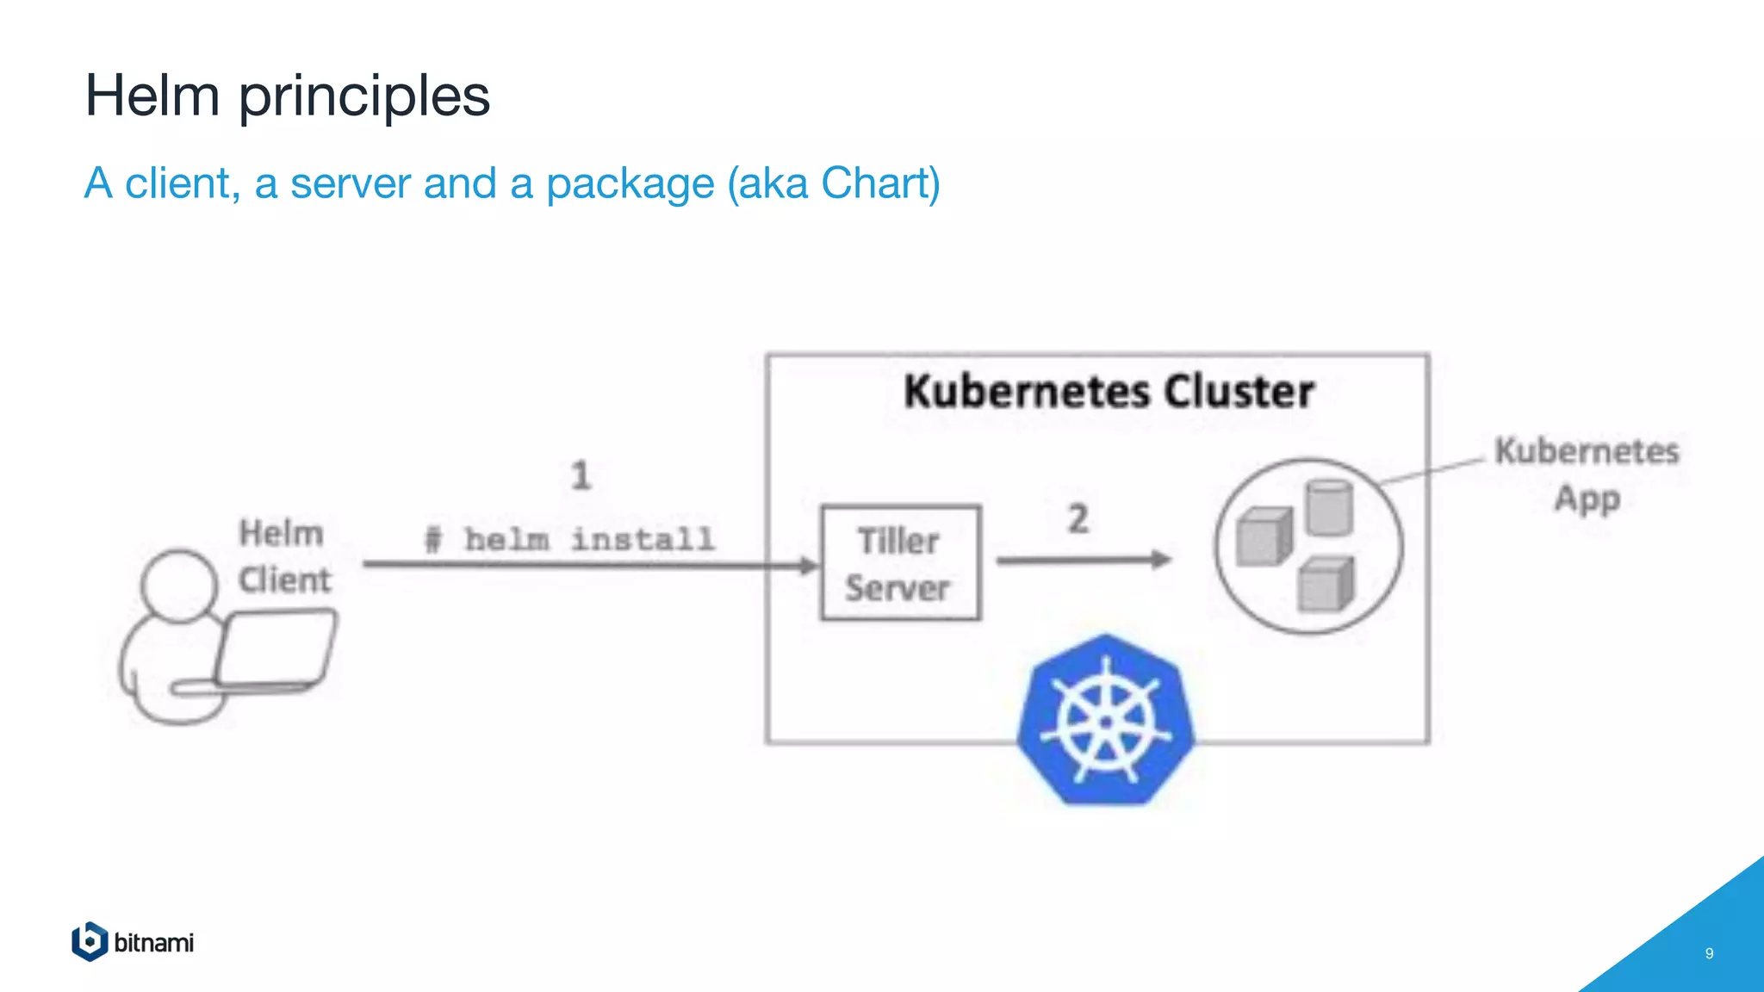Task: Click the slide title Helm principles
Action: [x=287, y=95]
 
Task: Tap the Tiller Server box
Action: [x=900, y=563]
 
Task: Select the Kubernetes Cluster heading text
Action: [x=1109, y=392]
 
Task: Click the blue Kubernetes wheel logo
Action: [x=1106, y=721]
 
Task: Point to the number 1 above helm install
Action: [x=581, y=475]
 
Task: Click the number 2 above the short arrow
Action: [x=1078, y=519]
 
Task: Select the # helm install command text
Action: [x=570, y=540]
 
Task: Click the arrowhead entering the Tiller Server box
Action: [x=809, y=566]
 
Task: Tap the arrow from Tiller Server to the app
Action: [x=1084, y=561]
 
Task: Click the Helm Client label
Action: [x=283, y=556]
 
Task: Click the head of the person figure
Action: [x=179, y=586]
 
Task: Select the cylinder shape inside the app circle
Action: [x=1329, y=508]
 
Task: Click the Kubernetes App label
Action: [x=1587, y=474]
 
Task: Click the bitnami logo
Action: [x=133, y=942]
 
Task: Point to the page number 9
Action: [x=1709, y=953]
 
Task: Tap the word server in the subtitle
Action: [x=350, y=183]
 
